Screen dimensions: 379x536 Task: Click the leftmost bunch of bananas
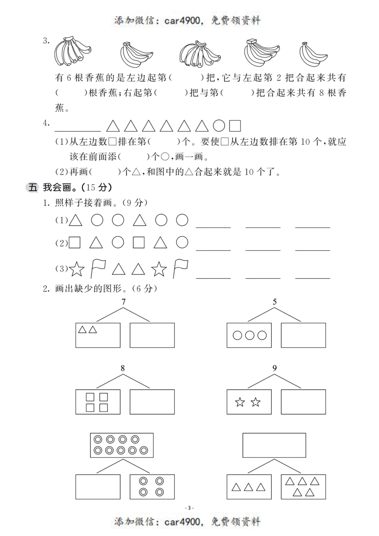[x=71, y=51]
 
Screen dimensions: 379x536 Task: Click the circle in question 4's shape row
[x=219, y=126]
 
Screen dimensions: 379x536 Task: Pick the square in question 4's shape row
[x=235, y=126]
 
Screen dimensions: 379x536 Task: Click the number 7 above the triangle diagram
[x=124, y=302]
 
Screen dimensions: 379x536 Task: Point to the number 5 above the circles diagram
[x=274, y=302]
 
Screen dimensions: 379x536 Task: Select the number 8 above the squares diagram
[x=122, y=368]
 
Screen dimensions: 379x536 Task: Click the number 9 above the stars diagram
[x=274, y=368]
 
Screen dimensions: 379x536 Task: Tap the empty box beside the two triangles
[x=152, y=335]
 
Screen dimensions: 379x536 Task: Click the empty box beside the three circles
[x=303, y=335]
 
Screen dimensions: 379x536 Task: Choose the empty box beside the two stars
[x=303, y=402]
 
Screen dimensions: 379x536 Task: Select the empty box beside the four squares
[x=152, y=402]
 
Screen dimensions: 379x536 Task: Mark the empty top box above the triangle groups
[x=274, y=445]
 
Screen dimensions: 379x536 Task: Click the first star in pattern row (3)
[x=77, y=270]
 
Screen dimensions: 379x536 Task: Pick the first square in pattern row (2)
[x=75, y=242]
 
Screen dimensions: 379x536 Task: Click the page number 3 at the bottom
[x=189, y=508]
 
